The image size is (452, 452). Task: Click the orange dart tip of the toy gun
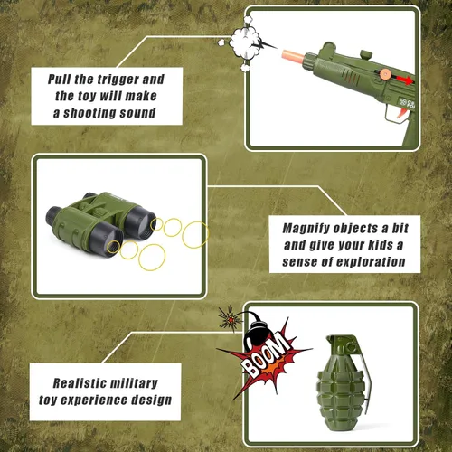[293, 55]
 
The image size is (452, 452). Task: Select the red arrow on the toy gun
[404, 80]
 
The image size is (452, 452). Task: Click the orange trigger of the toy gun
[402, 114]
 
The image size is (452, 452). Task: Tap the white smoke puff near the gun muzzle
[245, 42]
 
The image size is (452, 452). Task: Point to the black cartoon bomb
[256, 333]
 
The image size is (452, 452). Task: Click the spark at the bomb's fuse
[231, 319]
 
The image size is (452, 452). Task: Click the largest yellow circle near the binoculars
[195, 235]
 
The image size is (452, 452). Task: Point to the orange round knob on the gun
[385, 74]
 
